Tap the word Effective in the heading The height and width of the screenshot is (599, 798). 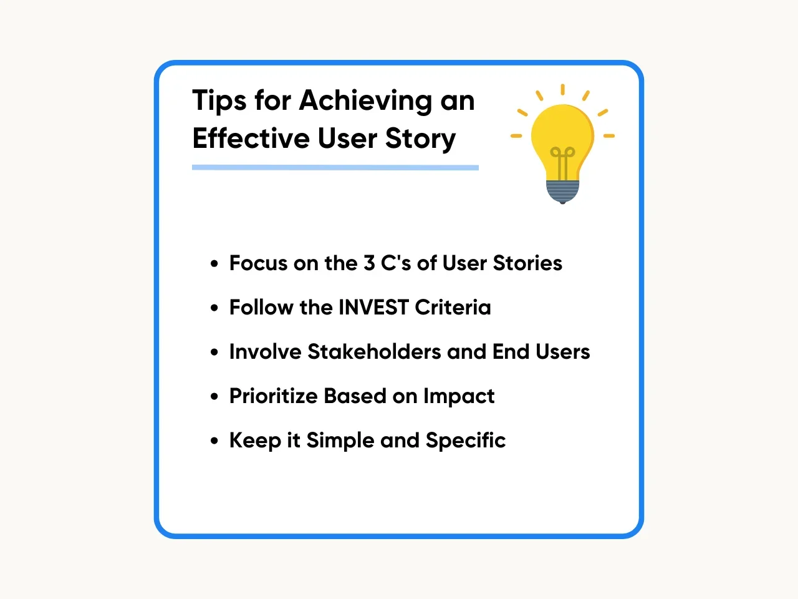click(251, 138)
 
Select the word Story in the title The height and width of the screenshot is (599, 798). click(420, 140)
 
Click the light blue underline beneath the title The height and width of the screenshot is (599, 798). click(335, 167)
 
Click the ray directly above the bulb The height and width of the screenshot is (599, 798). click(562, 89)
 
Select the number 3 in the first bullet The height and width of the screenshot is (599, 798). click(369, 263)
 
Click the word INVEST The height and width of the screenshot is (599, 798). click(373, 308)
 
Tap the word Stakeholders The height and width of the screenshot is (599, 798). click(374, 352)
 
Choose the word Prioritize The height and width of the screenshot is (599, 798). click(274, 396)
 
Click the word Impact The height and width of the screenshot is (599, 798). click(459, 396)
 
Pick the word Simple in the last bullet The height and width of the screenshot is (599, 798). click(340, 441)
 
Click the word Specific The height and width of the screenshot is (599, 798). click(466, 441)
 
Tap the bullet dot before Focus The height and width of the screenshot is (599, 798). click(214, 263)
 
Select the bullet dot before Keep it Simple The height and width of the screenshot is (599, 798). click(214, 441)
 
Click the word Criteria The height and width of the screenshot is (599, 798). click(453, 308)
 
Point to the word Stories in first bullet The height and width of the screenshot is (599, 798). click(527, 263)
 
